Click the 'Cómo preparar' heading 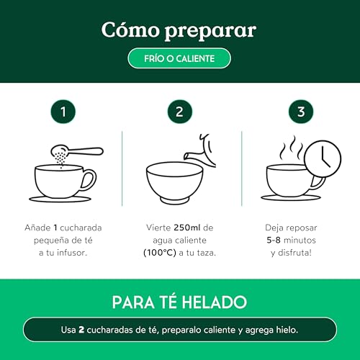point(179,30)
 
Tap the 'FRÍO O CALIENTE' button point(179,58)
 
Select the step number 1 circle point(63,112)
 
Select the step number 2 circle point(179,112)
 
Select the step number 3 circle point(297,112)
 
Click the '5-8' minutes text point(269,240)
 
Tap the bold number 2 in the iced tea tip point(81,330)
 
